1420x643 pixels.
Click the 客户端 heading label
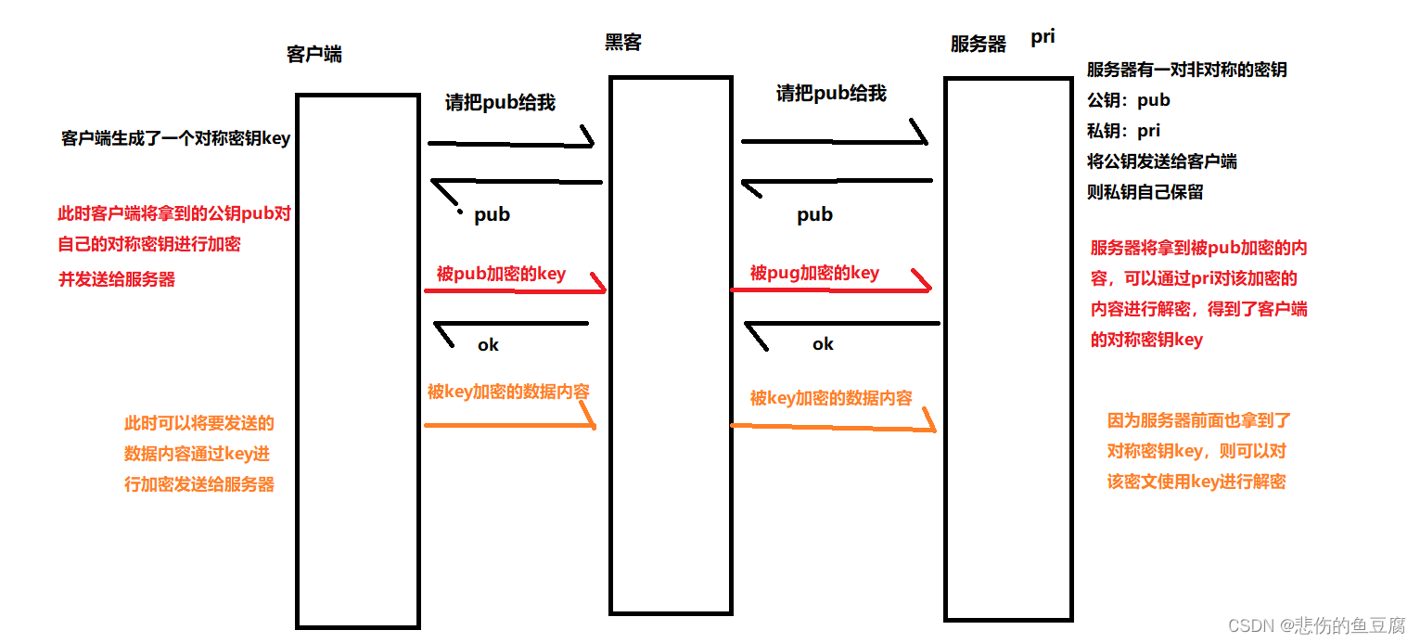pos(314,54)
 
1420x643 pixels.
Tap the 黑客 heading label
pos(623,42)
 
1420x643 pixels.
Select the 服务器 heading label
pos(979,44)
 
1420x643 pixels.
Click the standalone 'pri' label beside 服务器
pos(1043,38)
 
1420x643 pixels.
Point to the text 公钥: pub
pos(1129,100)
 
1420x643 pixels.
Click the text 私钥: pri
pos(1123,131)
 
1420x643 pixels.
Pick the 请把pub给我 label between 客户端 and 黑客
pos(500,102)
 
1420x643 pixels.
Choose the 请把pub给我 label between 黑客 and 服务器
pos(831,93)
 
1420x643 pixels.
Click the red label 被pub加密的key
pos(501,274)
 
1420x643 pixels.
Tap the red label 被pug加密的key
pos(814,273)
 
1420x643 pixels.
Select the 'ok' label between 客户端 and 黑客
pos(488,345)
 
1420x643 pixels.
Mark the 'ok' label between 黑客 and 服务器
pos(823,344)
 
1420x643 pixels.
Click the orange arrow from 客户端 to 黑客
pos(508,425)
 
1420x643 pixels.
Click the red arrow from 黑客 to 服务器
pos(830,289)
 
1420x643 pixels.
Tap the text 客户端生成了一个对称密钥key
pos(175,138)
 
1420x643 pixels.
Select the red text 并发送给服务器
pos(117,279)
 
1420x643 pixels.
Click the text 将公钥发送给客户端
pos(1161,161)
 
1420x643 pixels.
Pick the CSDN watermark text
pos(1317,625)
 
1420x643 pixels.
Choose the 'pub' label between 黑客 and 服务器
pos(814,215)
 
